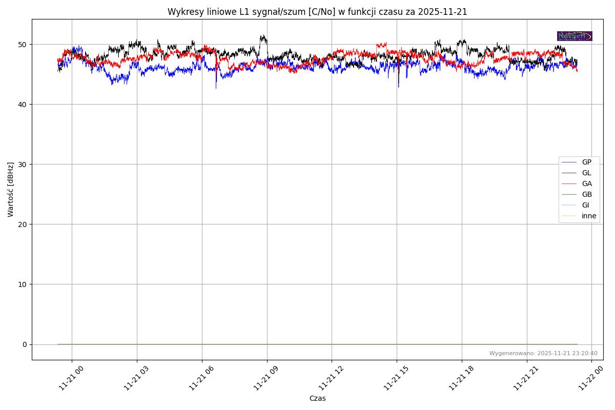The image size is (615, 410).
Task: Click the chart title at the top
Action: (x=317, y=12)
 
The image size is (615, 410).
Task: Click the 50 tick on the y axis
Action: (x=24, y=45)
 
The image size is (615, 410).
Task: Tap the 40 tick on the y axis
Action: (x=24, y=105)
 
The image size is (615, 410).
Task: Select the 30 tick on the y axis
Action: (x=24, y=165)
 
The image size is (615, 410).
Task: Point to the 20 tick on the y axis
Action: (x=24, y=224)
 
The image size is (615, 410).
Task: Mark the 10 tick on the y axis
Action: (x=24, y=284)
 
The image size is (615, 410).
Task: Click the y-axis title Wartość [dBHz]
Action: (x=11, y=189)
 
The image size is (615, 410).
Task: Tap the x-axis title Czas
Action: (x=317, y=398)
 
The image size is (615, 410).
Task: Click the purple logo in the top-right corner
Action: (x=575, y=36)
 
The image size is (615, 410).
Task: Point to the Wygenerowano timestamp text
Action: (x=543, y=353)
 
